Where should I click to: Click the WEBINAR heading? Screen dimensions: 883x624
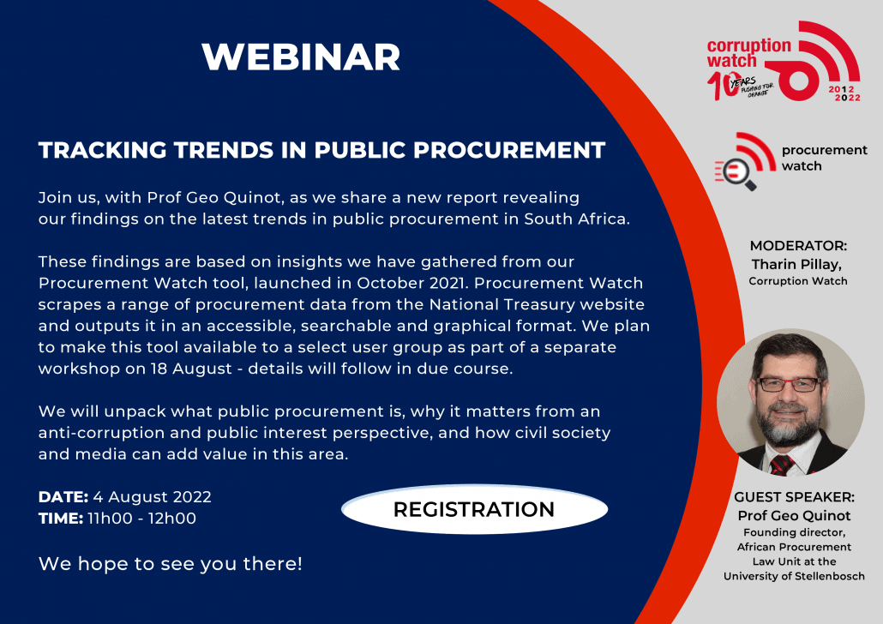click(x=301, y=57)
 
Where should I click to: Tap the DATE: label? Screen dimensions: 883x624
click(x=63, y=497)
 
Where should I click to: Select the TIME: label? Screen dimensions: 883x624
click(x=61, y=518)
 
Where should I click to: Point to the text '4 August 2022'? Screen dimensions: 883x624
click(x=152, y=497)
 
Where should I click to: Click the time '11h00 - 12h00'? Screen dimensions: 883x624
click(x=142, y=518)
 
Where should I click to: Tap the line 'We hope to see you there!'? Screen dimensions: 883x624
click(x=170, y=563)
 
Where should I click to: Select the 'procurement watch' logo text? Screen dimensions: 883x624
click(x=824, y=158)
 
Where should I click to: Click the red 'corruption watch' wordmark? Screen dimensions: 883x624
click(x=748, y=53)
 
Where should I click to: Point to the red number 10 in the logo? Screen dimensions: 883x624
click(x=722, y=87)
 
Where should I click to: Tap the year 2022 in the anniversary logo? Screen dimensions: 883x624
click(x=848, y=98)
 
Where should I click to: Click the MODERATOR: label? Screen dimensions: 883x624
click(x=798, y=245)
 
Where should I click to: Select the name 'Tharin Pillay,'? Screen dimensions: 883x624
click(x=796, y=264)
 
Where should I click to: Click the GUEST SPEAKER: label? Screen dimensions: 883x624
click(x=794, y=497)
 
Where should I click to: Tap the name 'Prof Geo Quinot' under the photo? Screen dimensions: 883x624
click(x=794, y=515)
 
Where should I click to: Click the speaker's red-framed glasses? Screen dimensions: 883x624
click(x=789, y=384)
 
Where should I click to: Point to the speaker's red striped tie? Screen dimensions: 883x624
click(x=782, y=465)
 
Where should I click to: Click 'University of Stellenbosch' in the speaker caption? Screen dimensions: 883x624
click(x=794, y=576)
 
